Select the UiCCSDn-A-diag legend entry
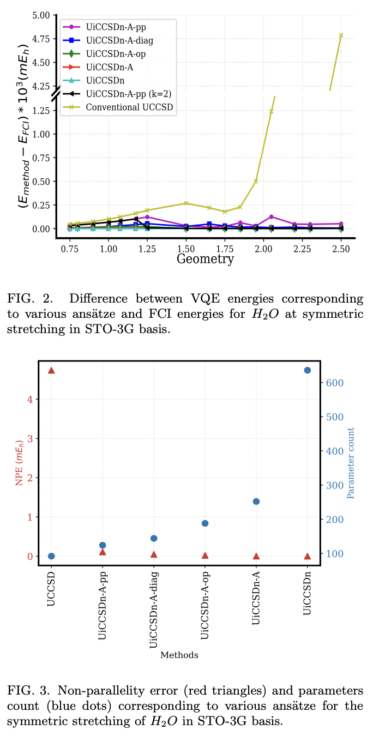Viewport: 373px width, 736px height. pos(119,40)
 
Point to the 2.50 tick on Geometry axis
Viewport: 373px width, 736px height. pos(341,248)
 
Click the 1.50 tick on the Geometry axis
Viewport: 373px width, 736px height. pos(186,248)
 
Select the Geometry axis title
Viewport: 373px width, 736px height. pos(205,259)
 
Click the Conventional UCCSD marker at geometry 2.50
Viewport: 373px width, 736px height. pos(341,35)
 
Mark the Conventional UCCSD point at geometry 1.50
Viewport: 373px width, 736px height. pos(186,203)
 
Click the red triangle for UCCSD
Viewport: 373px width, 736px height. pos(51,370)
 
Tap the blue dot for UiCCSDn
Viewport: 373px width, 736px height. pos(307,370)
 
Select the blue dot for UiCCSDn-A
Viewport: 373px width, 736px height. pos(256,502)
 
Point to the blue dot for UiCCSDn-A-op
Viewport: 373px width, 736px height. pos(205,523)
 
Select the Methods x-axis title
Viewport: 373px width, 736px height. pos(179,655)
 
